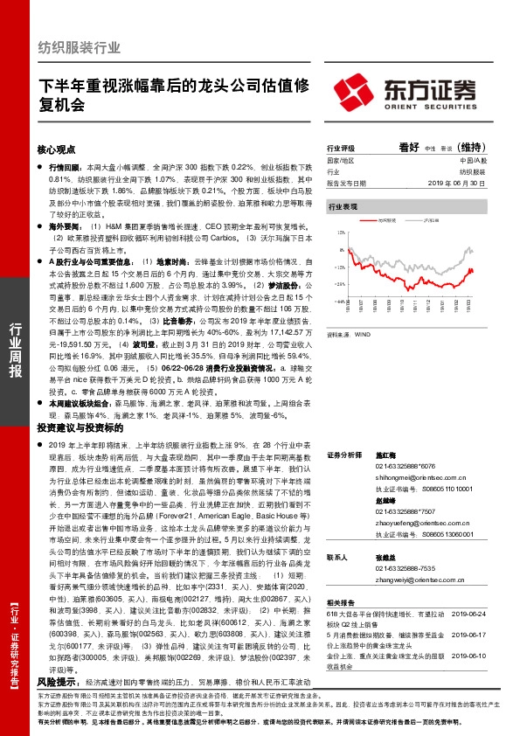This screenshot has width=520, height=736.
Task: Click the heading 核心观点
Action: click(x=58, y=149)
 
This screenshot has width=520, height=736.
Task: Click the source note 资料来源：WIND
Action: click(x=347, y=334)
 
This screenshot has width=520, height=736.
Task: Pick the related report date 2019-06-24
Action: click(x=476, y=615)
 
